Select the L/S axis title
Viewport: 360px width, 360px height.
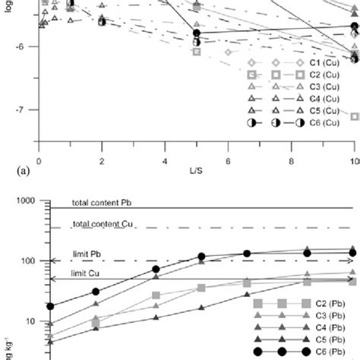tap(197, 173)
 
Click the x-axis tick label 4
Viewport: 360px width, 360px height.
tap(165, 162)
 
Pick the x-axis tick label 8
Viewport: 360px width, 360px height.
tap(291, 162)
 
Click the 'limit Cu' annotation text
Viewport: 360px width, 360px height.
tap(90, 274)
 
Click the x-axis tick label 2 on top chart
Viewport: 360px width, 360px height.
tap(102, 162)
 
